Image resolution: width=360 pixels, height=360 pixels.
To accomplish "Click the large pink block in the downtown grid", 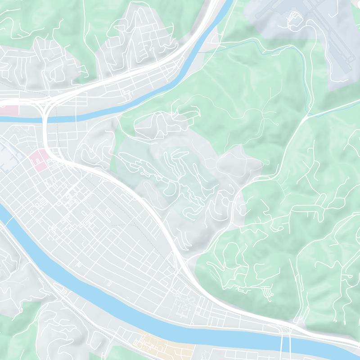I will coord(39,159).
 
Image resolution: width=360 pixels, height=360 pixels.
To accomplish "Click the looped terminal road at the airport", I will coord(293,18).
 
